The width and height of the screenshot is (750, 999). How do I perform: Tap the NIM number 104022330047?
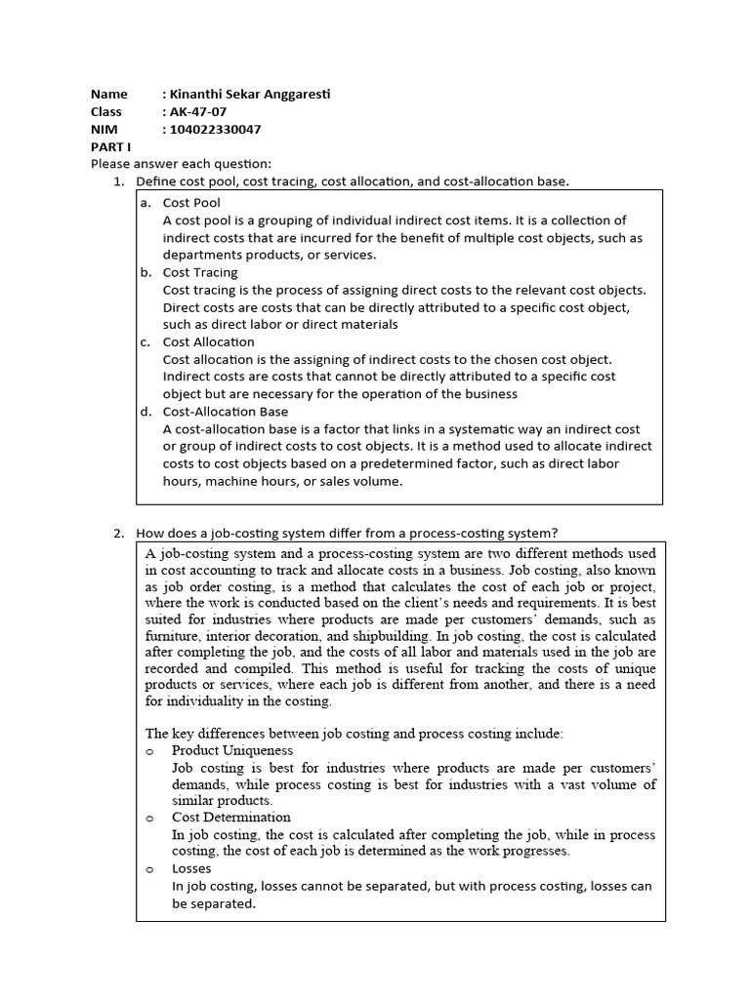click(x=216, y=130)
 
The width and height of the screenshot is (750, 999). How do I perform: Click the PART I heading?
click(x=110, y=146)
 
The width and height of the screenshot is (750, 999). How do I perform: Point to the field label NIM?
click(x=104, y=130)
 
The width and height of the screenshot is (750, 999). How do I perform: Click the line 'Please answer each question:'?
click(x=181, y=164)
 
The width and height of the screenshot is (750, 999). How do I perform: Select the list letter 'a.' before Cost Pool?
click(x=145, y=203)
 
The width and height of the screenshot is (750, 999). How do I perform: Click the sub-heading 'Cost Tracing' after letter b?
click(x=200, y=272)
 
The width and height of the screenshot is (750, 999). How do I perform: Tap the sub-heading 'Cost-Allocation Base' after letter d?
click(x=226, y=412)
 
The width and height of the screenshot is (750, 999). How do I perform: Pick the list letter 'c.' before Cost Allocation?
click(x=145, y=342)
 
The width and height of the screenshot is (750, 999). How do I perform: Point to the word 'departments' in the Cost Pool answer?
click(x=202, y=255)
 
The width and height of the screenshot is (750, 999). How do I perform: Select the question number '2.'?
click(x=119, y=533)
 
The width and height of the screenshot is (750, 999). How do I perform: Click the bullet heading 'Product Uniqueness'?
click(x=232, y=750)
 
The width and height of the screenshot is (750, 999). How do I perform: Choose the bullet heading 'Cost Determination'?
click(x=231, y=818)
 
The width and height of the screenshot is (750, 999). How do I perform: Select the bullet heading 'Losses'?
click(x=191, y=868)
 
